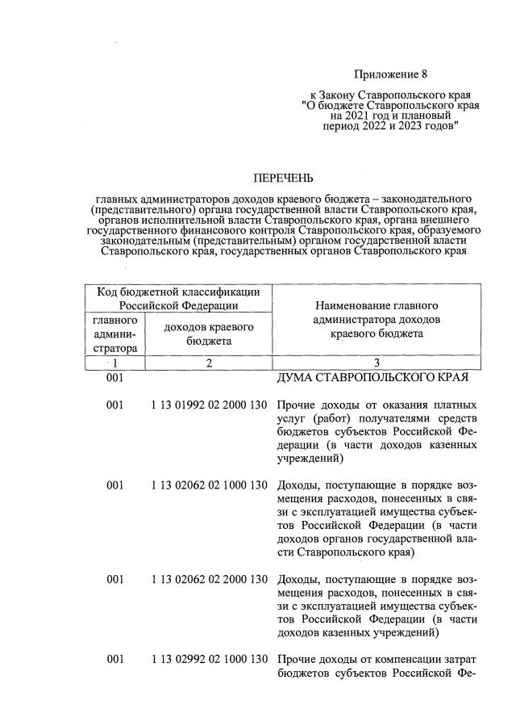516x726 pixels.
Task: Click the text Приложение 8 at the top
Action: [390, 74]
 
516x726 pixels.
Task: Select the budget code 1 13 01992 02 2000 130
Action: [208, 405]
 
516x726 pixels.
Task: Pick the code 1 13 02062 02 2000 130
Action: [208, 579]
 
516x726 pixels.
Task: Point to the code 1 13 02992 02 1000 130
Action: [208, 659]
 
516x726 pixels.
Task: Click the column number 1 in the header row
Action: [115, 363]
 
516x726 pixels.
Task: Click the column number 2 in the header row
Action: [208, 363]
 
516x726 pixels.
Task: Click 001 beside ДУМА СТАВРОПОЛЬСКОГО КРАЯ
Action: [115, 378]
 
